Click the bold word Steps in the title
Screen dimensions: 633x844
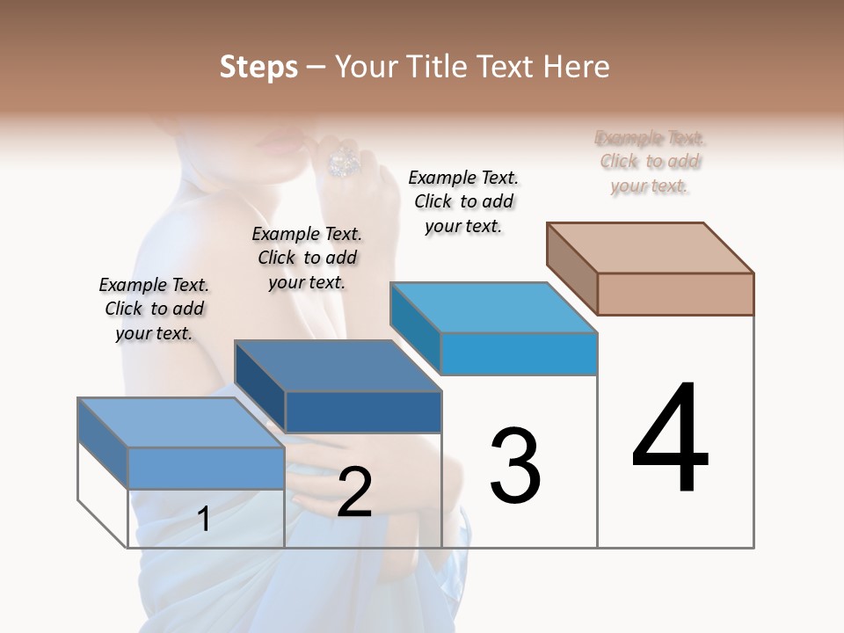click(258, 67)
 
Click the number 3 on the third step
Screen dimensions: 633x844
click(514, 465)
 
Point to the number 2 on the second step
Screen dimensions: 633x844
click(354, 492)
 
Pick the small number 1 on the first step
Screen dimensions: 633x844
click(204, 519)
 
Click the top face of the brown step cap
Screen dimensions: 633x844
click(651, 248)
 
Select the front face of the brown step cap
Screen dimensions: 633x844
click(675, 294)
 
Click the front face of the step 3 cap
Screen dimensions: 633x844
click(519, 353)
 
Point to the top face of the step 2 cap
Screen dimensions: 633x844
click(338, 366)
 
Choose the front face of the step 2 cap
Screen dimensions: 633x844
click(363, 411)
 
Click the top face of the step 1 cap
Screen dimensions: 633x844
click(181, 423)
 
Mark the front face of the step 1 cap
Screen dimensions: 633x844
click(206, 468)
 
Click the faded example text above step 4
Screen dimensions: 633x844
click(650, 162)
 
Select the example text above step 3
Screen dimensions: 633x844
click(463, 202)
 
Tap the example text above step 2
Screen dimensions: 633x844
click(307, 258)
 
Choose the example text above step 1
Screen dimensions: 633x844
click(154, 309)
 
